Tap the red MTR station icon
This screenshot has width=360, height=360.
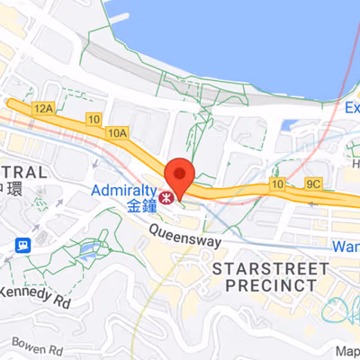[165, 193]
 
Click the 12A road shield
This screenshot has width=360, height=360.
[42, 108]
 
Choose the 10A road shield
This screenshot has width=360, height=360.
[117, 133]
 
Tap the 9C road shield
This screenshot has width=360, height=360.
[313, 184]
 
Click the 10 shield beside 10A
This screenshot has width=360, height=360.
[94, 119]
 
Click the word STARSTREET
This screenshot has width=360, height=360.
[266, 268]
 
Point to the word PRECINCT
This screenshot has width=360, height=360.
[265, 284]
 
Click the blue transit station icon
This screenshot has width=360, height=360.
[22, 244]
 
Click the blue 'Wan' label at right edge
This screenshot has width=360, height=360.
[346, 246]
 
